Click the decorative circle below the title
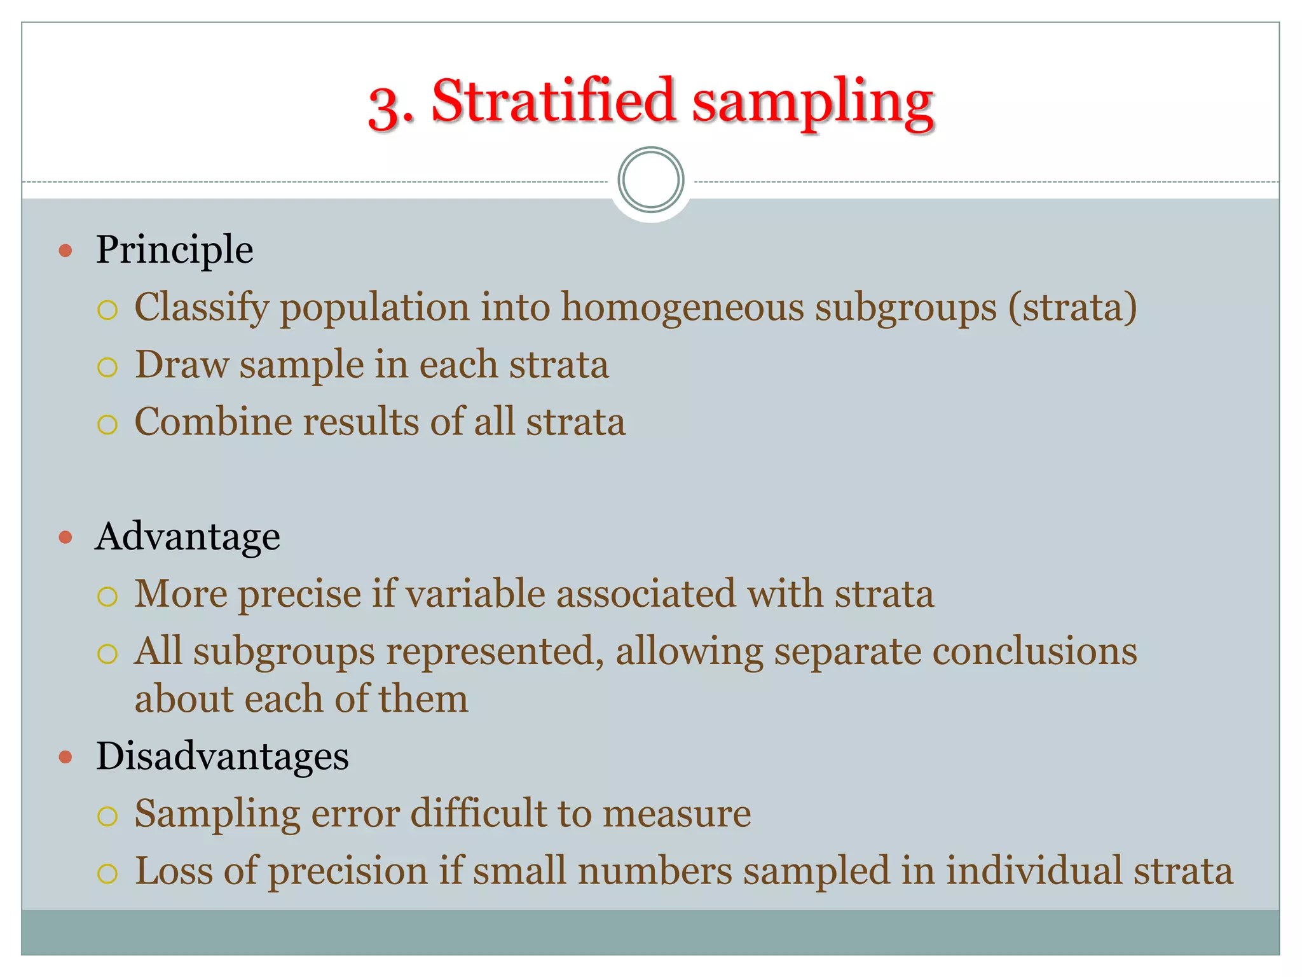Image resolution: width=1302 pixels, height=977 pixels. tap(650, 180)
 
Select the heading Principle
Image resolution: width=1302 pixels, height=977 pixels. tap(174, 249)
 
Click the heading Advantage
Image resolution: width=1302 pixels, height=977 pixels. tap(188, 536)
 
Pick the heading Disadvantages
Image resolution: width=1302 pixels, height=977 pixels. tap(222, 756)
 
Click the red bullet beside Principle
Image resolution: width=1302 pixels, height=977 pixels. tap(65, 251)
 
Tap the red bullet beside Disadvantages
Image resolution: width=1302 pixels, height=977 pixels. tap(65, 757)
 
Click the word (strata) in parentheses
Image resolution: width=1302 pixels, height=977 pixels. tap(1072, 307)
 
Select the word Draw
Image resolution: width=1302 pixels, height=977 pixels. tap(181, 364)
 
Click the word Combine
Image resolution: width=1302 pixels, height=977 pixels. tap(213, 422)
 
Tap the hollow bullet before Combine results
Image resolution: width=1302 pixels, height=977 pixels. tap(107, 424)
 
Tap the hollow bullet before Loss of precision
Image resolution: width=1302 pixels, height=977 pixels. tap(107, 873)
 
